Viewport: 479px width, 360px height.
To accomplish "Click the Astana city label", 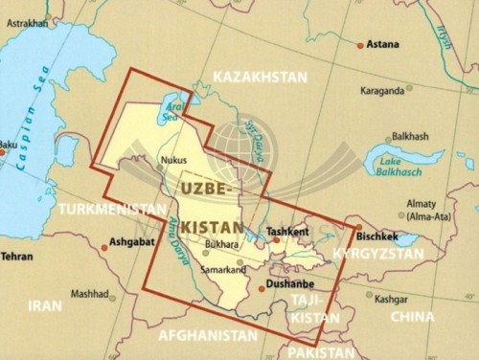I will click(x=384, y=44).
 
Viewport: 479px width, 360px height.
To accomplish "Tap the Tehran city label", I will click(x=17, y=257).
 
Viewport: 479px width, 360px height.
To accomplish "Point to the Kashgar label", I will click(x=393, y=299).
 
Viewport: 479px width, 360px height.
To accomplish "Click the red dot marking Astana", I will click(x=360, y=45).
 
